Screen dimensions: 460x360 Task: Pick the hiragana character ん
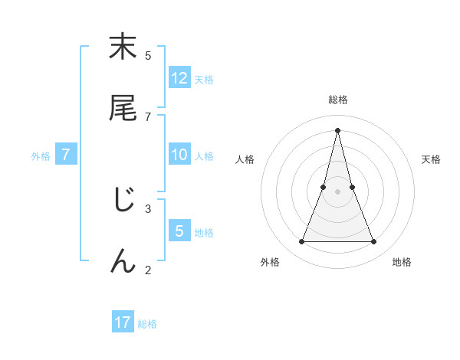click(123, 261)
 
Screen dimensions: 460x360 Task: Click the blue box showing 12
click(179, 78)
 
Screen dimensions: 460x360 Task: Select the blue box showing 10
click(179, 155)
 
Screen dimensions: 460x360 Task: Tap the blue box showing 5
click(179, 231)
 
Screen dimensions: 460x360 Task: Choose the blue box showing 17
click(123, 322)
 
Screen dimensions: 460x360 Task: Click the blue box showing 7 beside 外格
click(66, 155)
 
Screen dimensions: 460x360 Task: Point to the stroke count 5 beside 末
click(148, 55)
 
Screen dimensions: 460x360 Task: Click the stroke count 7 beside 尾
click(148, 116)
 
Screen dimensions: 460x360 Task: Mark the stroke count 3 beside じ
click(148, 208)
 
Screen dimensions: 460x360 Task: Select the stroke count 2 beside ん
click(148, 270)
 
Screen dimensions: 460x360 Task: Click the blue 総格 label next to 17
click(147, 324)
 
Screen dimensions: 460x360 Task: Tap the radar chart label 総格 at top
click(337, 100)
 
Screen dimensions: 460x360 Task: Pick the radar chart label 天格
click(431, 159)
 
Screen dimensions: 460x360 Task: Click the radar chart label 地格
click(402, 263)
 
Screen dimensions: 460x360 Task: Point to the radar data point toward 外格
click(301, 242)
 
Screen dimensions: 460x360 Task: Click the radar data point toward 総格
click(337, 129)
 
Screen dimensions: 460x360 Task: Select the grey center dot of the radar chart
click(337, 191)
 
